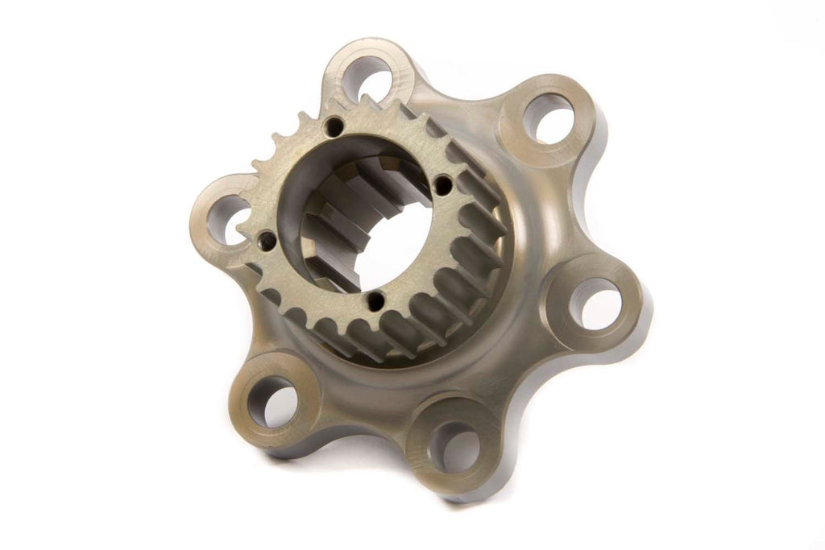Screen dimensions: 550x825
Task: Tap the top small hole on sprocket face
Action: (x=334, y=126)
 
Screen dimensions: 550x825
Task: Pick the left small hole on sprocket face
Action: (x=263, y=238)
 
